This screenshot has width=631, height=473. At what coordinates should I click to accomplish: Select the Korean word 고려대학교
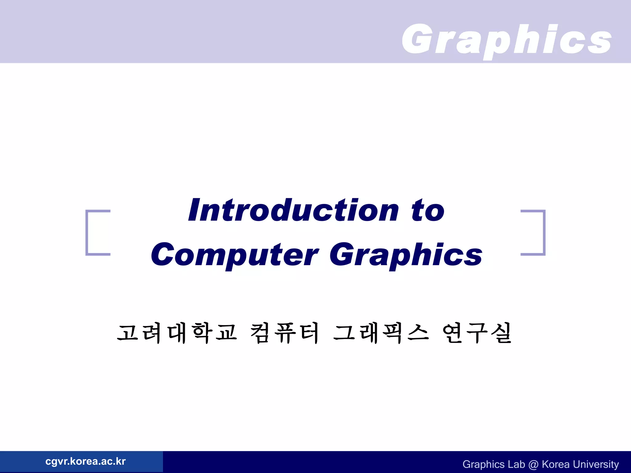177,333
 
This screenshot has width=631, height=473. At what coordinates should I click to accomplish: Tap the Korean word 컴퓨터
284,333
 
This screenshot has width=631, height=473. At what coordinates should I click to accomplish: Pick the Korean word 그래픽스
381,333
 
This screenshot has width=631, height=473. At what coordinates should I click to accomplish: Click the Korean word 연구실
477,333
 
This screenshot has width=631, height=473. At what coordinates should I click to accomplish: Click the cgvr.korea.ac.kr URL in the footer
85,461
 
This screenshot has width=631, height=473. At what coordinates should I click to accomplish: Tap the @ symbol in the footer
533,464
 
